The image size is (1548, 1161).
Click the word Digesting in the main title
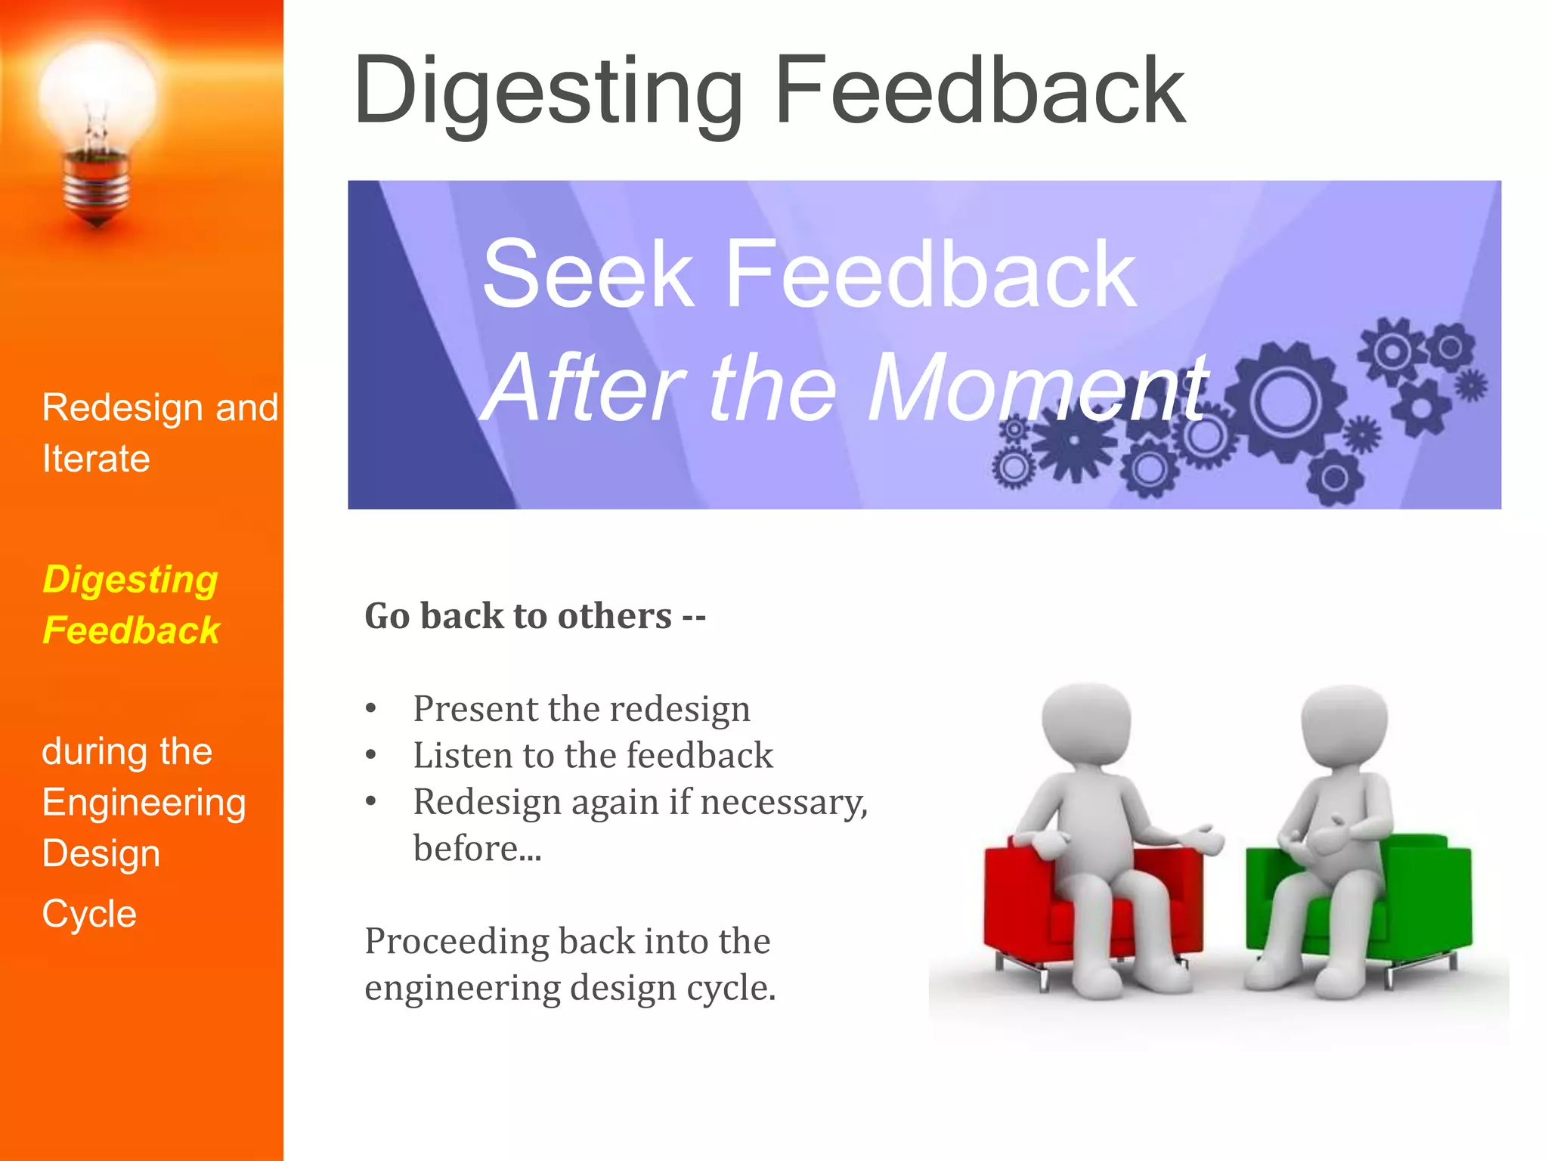pyautogui.click(x=548, y=91)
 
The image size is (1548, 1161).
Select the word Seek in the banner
pyautogui.click(x=587, y=274)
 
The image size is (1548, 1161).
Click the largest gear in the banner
pyautogui.click(x=1284, y=401)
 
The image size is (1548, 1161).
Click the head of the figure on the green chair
pyautogui.click(x=1344, y=726)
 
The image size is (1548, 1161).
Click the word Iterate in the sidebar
pyautogui.click(x=96, y=459)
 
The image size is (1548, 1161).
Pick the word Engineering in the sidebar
pyautogui.click(x=144, y=803)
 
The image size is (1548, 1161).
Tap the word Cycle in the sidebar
pyautogui.click(x=89, y=914)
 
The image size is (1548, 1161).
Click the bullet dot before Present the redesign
pyautogui.click(x=370, y=709)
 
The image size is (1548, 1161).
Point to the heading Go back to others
pyautogui.click(x=534, y=616)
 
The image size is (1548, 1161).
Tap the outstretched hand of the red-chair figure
pyautogui.click(x=1206, y=839)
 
